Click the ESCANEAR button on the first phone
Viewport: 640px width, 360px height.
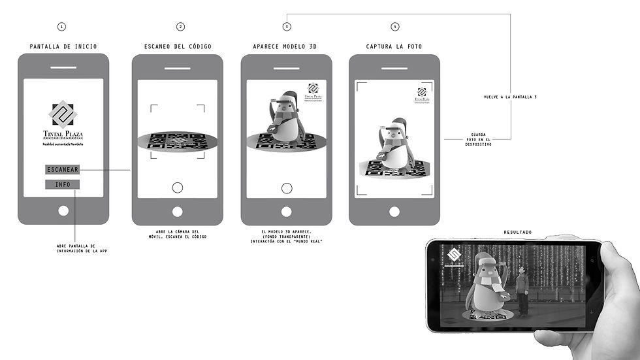(x=63, y=170)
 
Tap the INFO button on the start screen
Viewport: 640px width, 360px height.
(x=63, y=185)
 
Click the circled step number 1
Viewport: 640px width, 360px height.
(x=62, y=27)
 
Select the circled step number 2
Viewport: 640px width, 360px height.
(x=181, y=27)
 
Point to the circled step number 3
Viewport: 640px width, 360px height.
(x=287, y=27)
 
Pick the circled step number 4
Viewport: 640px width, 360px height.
(x=394, y=27)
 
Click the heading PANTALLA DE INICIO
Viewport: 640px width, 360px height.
(x=63, y=46)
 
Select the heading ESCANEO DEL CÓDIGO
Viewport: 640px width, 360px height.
(x=177, y=46)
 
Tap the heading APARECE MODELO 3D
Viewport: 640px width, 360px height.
(x=286, y=46)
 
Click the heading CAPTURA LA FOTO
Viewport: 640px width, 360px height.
(x=394, y=46)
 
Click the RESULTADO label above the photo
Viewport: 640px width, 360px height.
(x=517, y=233)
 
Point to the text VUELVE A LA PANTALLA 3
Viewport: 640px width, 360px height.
(x=510, y=97)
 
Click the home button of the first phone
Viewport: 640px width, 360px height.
(x=63, y=211)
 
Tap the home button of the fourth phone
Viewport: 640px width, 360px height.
(x=394, y=211)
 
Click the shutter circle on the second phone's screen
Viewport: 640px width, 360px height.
(x=177, y=188)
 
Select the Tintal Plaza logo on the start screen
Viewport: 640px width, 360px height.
(x=63, y=122)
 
